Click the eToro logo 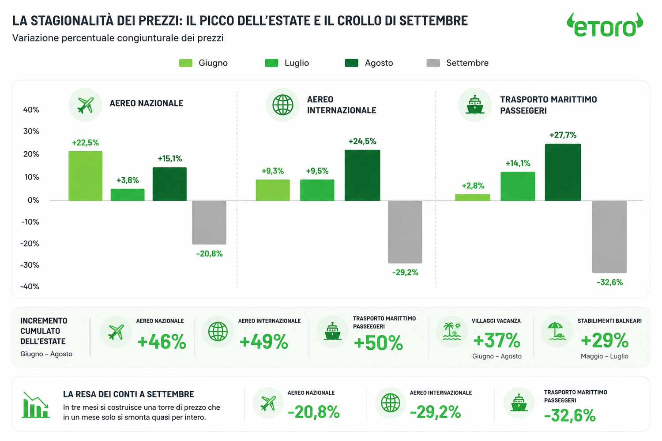tap(605, 26)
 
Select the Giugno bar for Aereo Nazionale tap(86, 176)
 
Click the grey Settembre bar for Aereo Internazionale tap(405, 232)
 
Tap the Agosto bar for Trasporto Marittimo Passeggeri tap(563, 172)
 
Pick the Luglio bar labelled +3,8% tap(128, 194)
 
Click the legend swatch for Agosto tap(351, 63)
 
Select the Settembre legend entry tap(458, 63)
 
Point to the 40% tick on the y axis tap(31, 110)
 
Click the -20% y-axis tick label tap(30, 243)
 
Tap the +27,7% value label tap(563, 135)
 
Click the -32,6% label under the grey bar tap(609, 282)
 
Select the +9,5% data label tap(317, 171)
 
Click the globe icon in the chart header tap(283, 105)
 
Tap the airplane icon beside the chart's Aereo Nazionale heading tap(86, 105)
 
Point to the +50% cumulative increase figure tap(378, 343)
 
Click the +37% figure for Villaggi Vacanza tap(496, 340)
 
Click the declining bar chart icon tap(35, 405)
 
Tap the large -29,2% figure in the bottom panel tap(435, 412)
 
